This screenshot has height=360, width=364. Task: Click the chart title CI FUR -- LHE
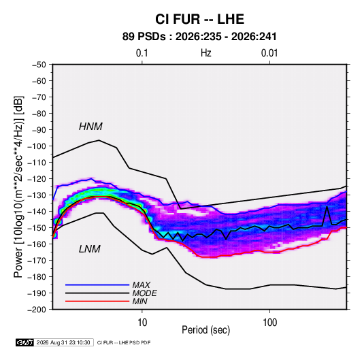tap(199, 19)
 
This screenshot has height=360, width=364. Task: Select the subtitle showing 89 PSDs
tap(199, 37)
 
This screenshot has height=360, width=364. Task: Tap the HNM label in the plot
tap(90, 127)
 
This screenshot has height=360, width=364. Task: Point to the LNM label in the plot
tap(90, 249)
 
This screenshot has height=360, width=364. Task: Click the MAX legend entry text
tap(141, 285)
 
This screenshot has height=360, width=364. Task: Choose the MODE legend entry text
tap(144, 293)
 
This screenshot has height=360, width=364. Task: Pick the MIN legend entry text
tap(139, 301)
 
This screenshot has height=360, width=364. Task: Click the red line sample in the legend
tap(97, 301)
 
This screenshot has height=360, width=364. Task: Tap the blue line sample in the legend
tap(97, 285)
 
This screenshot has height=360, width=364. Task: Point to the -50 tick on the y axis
tap(39, 65)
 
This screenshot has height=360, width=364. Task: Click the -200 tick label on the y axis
tap(37, 310)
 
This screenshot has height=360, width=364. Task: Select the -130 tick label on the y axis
tap(37, 195)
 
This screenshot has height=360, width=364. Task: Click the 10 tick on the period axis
tap(142, 323)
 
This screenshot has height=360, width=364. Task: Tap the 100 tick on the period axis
tap(269, 323)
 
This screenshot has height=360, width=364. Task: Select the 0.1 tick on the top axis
tap(142, 53)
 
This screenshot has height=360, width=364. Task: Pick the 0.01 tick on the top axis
tap(269, 53)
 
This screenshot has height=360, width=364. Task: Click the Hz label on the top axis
tap(206, 53)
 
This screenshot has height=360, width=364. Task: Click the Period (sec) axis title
tap(206, 330)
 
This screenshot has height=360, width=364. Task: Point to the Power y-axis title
tap(18, 187)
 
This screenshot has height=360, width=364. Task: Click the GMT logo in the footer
tap(25, 342)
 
